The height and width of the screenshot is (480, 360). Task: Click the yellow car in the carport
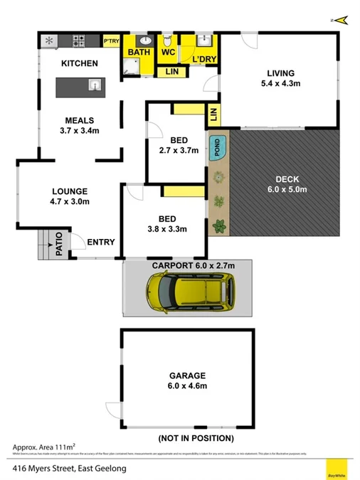click(x=190, y=292)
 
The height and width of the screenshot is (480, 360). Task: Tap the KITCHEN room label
click(x=79, y=64)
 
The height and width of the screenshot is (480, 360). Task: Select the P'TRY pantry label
click(x=112, y=41)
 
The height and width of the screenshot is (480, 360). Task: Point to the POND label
click(x=217, y=147)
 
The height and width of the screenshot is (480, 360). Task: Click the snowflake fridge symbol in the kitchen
click(x=48, y=41)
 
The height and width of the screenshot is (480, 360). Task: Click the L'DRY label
click(x=203, y=58)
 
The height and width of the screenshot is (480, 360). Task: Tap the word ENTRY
click(x=100, y=242)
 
